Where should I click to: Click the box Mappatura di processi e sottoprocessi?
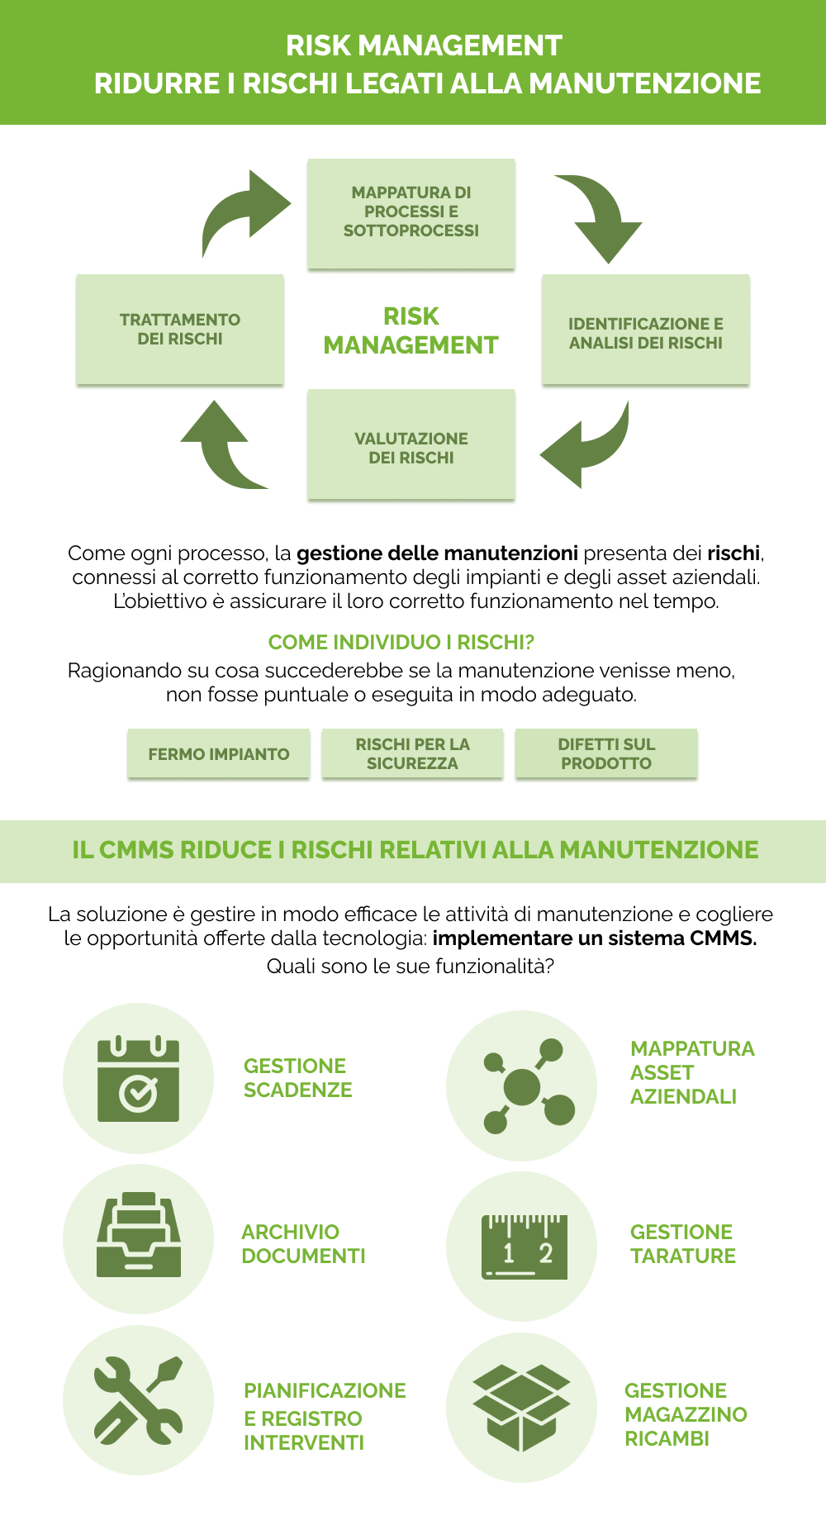pos(411,212)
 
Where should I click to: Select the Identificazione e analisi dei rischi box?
pos(645,330)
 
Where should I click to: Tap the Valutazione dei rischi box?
pos(411,446)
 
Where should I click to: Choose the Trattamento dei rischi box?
pos(180,329)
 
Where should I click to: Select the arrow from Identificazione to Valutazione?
pos(588,446)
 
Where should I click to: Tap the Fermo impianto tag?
pos(219,753)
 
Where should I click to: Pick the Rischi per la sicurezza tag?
pos(412,753)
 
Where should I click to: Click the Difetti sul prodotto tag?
pos(606,753)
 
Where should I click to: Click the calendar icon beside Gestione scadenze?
pos(139,1078)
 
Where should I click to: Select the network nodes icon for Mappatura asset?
pos(522,1085)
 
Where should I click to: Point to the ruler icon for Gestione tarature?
pos(524,1247)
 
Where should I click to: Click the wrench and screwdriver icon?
pos(139,1400)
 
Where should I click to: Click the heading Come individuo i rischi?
pos(401,642)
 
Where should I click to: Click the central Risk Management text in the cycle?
pos(411,330)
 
